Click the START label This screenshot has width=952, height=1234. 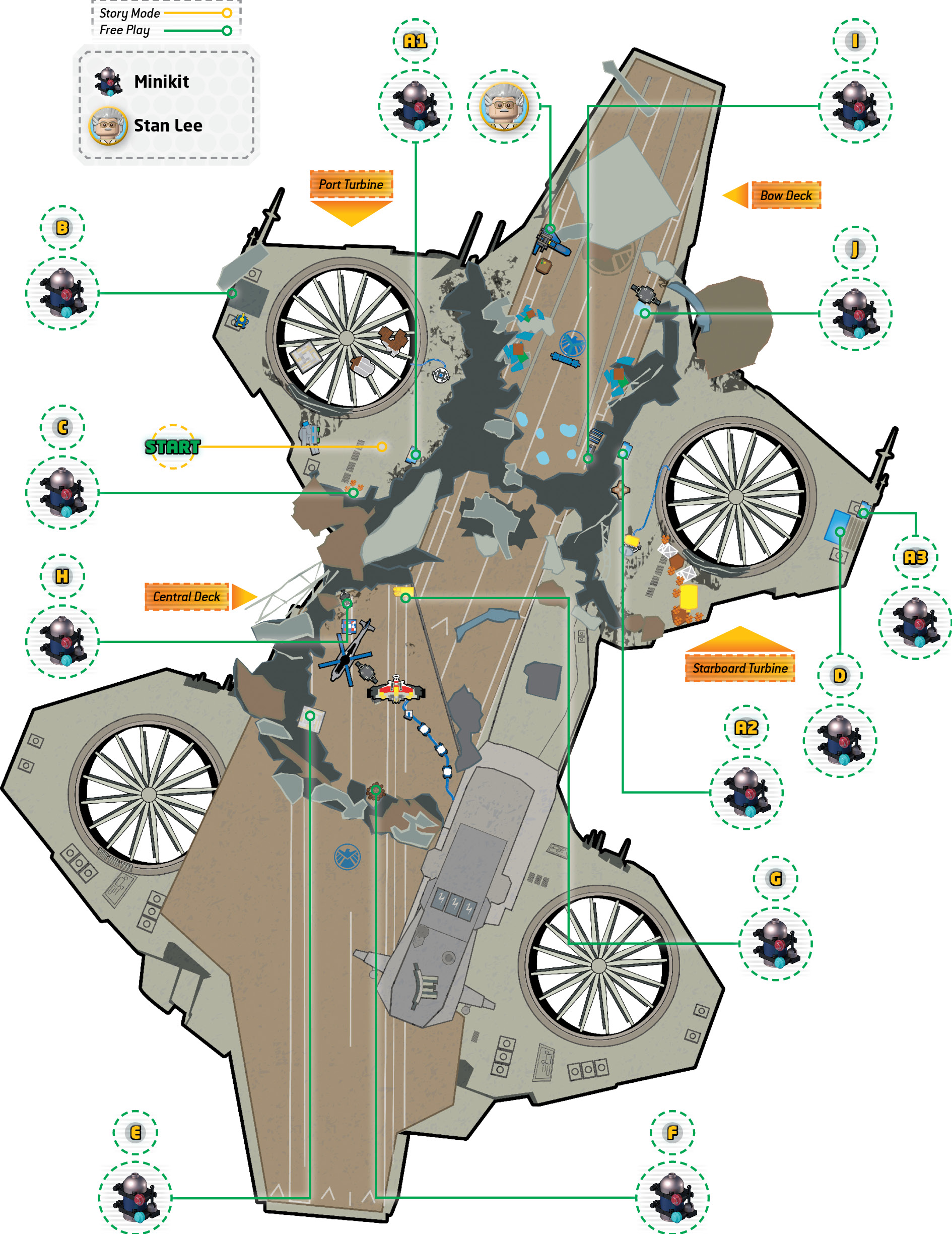click(172, 447)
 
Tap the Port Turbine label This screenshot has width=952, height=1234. click(351, 184)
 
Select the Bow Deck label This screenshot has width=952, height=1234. click(786, 196)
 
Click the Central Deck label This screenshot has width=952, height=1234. click(186, 597)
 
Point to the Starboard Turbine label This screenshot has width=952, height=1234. click(740, 668)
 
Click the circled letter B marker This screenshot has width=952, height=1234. click(62, 228)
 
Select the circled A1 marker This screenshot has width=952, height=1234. click(415, 41)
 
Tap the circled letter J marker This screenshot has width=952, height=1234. click(855, 248)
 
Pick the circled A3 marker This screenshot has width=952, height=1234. click(915, 558)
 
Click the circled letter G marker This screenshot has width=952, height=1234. click(776, 879)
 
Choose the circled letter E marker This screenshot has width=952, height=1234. click(135, 1132)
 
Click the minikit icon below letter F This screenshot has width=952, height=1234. click(672, 1197)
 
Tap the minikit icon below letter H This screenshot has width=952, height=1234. click(62, 641)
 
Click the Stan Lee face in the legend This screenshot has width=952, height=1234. click(108, 125)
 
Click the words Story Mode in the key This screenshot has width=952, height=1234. click(129, 13)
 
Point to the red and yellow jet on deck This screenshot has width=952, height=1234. click(396, 689)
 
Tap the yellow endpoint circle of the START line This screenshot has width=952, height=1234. click(382, 447)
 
